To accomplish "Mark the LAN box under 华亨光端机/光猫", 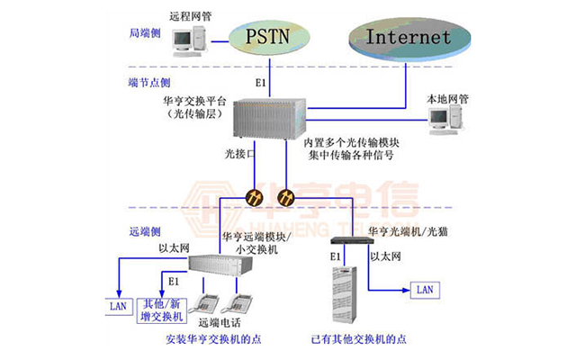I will [424, 289].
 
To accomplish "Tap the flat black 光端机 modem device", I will [345, 241].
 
